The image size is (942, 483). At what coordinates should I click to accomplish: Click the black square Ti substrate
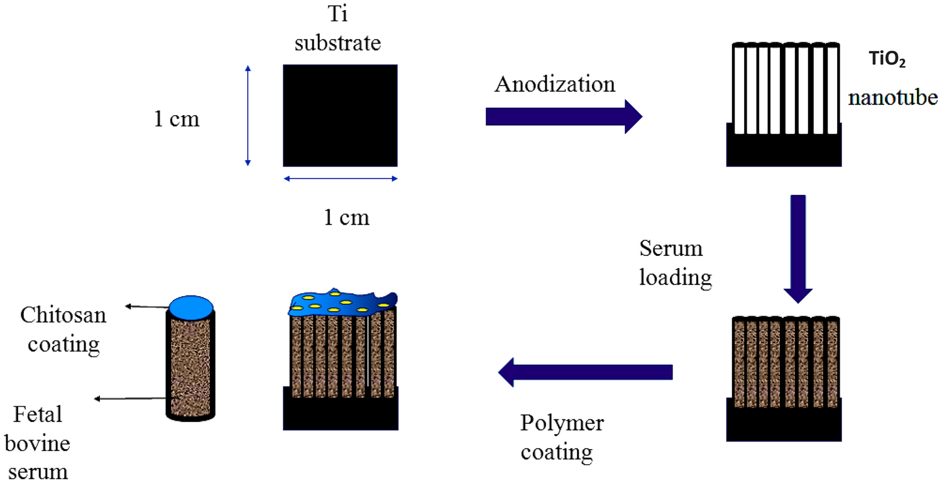pos(340,114)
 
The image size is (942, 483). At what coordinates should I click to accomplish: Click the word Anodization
pos(554,84)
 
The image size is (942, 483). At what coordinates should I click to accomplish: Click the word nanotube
pos(892,99)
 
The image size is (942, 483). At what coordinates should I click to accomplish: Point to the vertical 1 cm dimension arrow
pos(248,116)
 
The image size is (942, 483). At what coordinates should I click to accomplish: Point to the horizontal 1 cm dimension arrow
pos(340,179)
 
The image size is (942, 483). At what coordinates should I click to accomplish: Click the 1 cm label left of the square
pos(177,119)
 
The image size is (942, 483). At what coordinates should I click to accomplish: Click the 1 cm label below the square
pos(346,218)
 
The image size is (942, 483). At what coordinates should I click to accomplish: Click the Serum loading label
pos(676,264)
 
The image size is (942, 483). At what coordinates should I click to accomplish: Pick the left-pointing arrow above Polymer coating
pos(585,372)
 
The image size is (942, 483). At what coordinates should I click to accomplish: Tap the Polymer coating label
pos(561,437)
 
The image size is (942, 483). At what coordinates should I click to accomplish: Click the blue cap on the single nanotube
pos(191,305)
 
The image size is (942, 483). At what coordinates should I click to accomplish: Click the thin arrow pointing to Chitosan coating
pos(147,307)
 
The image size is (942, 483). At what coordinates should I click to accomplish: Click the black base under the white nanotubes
pos(784,150)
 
